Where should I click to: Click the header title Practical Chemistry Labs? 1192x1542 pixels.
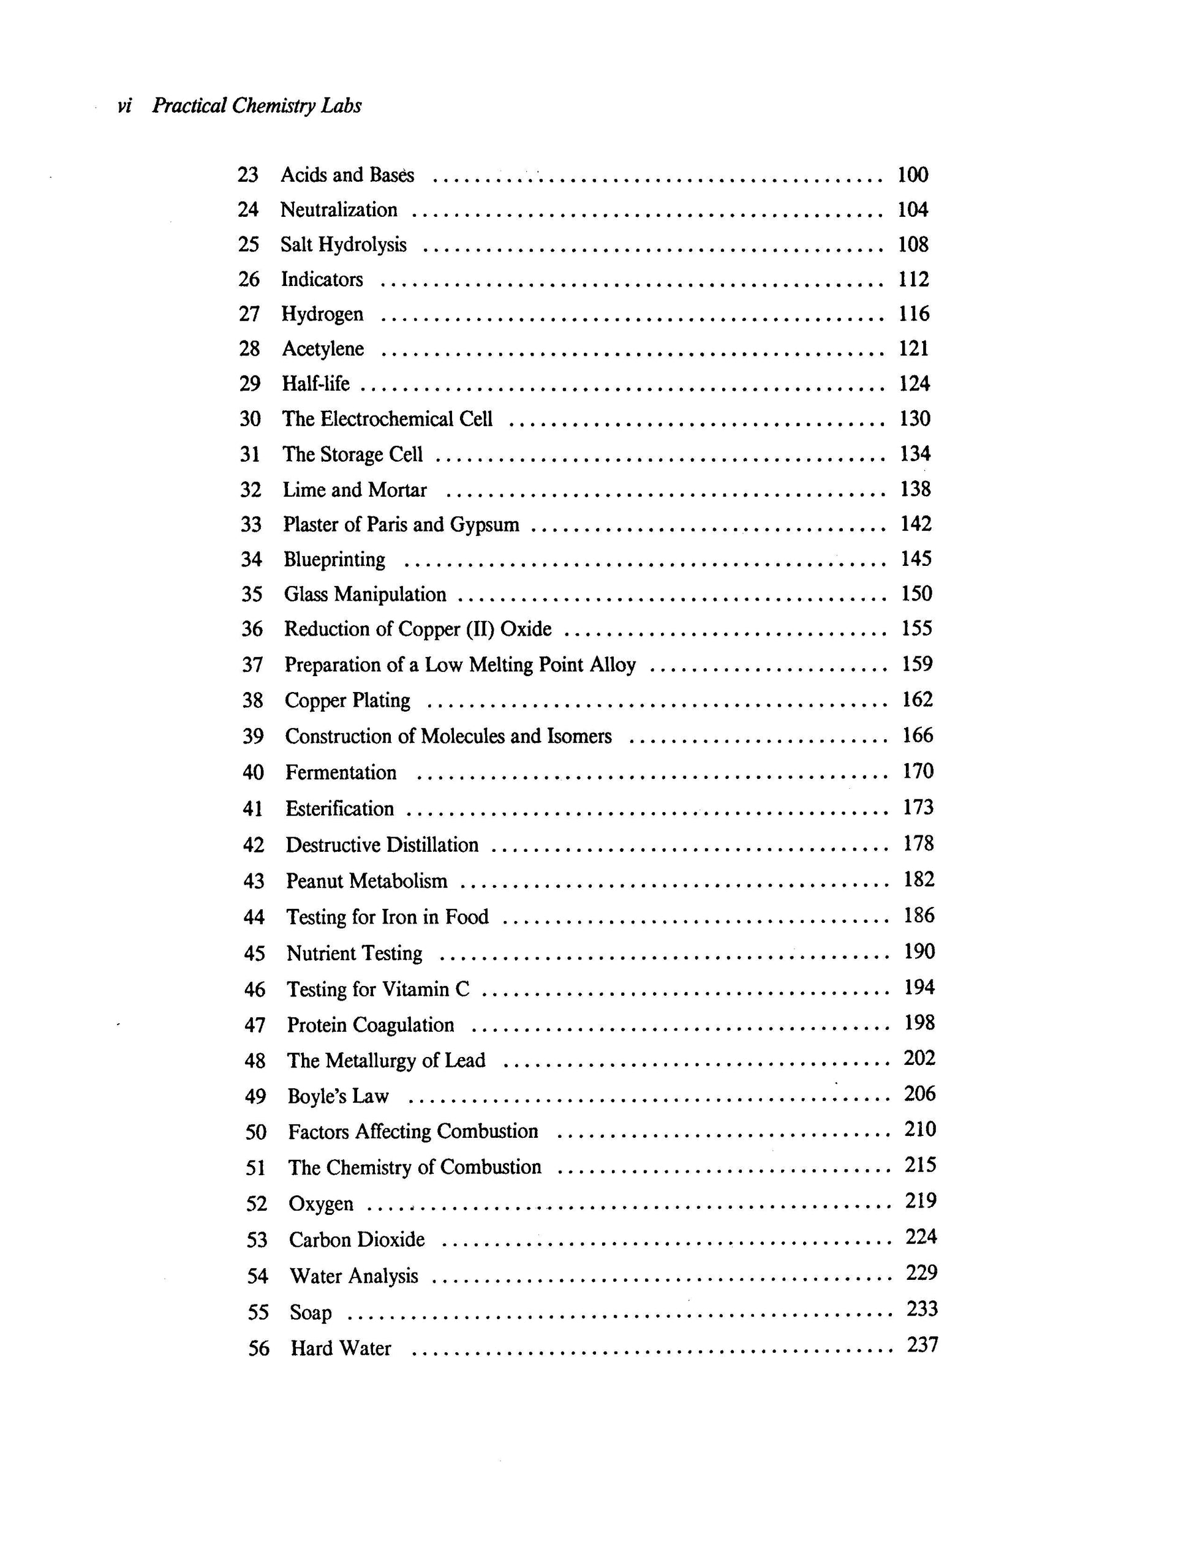257,106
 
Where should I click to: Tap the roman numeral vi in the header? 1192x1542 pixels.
124,107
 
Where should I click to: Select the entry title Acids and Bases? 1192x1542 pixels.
347,175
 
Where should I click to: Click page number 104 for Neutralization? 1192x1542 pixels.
912,209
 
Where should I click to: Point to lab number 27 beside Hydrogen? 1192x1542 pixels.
249,314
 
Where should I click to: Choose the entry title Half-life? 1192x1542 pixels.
315,383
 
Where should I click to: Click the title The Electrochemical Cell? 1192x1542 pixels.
388,419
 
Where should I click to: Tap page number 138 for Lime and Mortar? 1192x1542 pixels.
915,489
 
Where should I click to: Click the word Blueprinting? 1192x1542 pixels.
334,559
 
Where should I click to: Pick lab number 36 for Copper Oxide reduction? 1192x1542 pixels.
252,629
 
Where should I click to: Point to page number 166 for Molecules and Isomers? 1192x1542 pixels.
918,735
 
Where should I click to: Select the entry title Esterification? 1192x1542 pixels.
340,808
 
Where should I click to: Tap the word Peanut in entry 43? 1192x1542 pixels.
315,881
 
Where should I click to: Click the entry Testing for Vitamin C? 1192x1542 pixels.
378,989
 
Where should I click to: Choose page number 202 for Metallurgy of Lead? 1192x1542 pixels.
919,1058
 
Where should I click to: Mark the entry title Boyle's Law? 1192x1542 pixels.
338,1096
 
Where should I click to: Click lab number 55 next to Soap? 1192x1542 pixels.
258,1312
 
